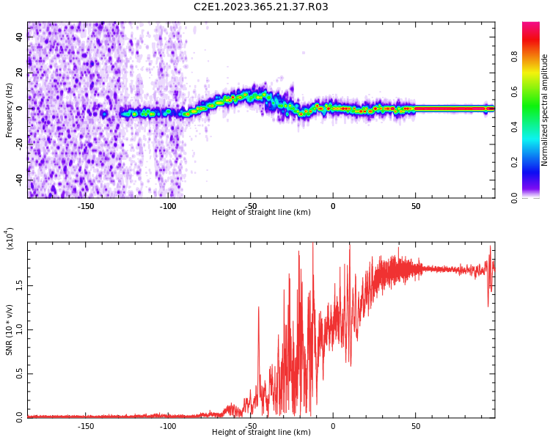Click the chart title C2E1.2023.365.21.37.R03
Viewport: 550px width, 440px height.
(260, 7)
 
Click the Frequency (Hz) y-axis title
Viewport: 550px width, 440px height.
(10, 109)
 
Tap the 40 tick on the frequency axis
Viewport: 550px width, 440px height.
(20, 38)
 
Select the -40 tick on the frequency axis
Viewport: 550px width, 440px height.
(18, 180)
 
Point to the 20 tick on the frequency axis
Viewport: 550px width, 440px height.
(20, 73)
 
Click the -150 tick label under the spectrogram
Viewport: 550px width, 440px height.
(86, 205)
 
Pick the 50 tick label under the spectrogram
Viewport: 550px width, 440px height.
(415, 205)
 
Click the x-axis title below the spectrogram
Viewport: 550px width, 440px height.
(261, 213)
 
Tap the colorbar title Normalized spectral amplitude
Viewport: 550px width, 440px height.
(545, 110)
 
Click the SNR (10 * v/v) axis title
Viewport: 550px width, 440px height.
(10, 329)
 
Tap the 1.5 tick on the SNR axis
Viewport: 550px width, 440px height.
(20, 285)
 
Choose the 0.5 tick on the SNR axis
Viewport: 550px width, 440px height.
(20, 373)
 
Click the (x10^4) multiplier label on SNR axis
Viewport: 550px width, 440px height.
(10, 238)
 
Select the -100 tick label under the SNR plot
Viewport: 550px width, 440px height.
(168, 425)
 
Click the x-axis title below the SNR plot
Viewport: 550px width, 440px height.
(261, 433)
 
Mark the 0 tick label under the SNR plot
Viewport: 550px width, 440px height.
(333, 425)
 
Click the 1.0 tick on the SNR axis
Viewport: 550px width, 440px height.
(20, 329)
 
